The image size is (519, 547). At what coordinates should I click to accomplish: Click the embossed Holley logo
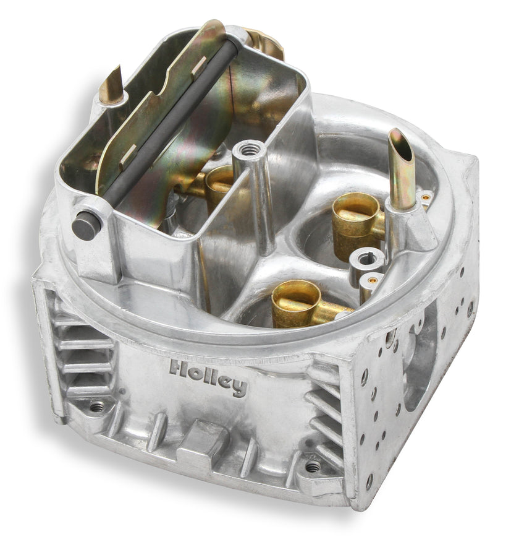(x=208, y=378)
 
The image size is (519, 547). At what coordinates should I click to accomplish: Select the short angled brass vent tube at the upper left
(x=111, y=85)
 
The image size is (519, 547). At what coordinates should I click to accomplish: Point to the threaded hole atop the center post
(x=249, y=150)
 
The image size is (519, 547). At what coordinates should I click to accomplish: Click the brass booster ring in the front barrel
(x=297, y=303)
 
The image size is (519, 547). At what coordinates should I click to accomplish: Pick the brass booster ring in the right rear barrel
(x=355, y=220)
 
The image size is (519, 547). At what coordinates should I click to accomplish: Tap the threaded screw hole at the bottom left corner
(x=96, y=407)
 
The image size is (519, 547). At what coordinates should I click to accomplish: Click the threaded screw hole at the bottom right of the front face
(x=313, y=466)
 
